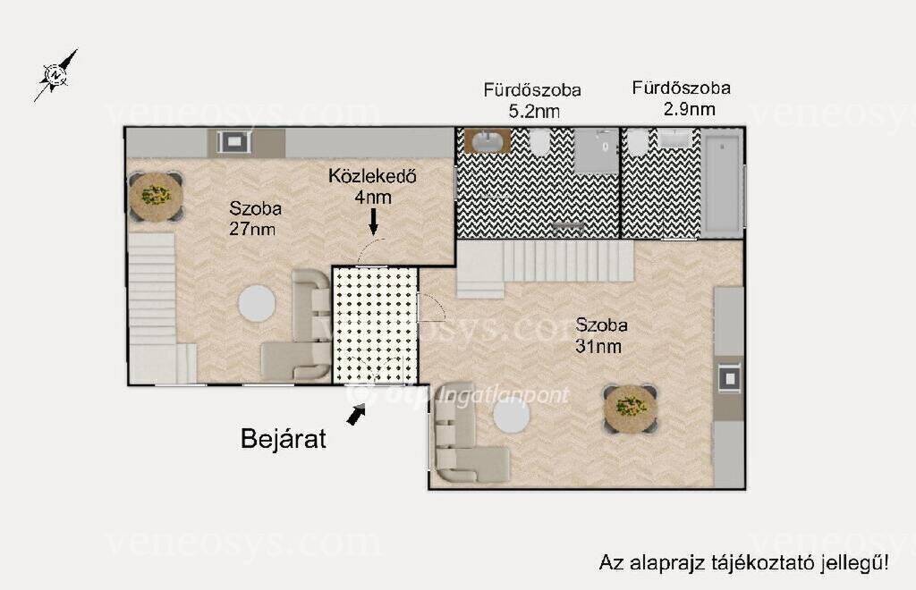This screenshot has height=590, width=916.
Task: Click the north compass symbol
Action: (55, 75)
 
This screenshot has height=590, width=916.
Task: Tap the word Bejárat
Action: (284, 439)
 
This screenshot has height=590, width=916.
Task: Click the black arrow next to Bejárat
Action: (356, 414)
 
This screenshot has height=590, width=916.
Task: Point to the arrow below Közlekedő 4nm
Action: (373, 221)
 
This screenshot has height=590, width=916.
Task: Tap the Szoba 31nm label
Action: (600, 335)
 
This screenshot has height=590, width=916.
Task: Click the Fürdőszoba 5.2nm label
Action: (532, 100)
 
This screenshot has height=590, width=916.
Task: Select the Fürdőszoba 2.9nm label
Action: (681, 98)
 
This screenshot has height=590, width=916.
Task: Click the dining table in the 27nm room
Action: (156, 196)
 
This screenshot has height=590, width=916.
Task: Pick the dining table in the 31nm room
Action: (631, 409)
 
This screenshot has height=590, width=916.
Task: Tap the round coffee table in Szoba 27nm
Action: (257, 303)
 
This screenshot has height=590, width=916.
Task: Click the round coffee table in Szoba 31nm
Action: (512, 415)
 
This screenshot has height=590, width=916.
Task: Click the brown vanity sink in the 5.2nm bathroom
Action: (488, 141)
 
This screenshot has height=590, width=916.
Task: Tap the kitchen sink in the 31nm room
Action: (730, 379)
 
